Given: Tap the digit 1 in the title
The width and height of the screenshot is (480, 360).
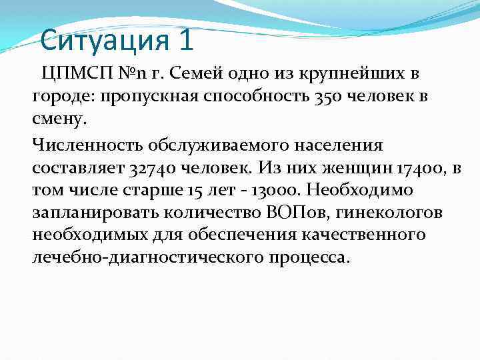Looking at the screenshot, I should (x=186, y=41).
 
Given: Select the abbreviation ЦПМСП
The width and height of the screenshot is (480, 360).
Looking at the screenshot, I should (x=74, y=73).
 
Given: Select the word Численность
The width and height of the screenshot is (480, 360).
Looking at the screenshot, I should (x=85, y=145).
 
